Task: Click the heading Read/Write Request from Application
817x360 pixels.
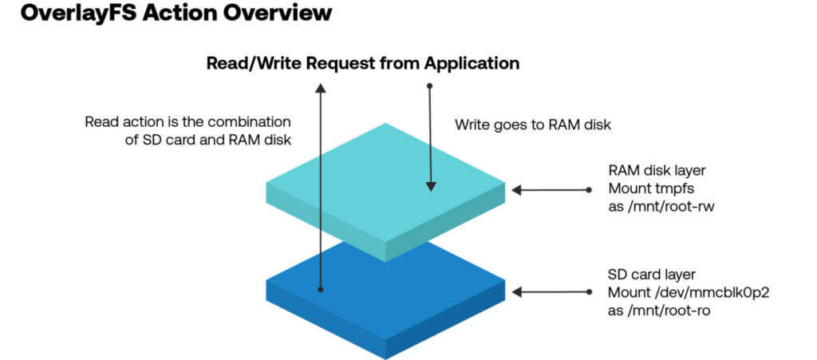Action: click(363, 62)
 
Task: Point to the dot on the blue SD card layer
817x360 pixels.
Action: click(321, 290)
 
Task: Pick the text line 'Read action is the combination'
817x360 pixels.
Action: click(188, 123)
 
